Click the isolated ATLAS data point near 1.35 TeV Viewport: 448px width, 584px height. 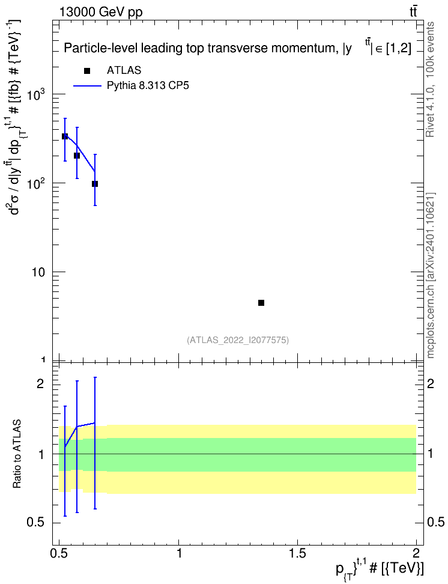coord(261,303)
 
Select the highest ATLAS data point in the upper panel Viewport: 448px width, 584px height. coord(65,137)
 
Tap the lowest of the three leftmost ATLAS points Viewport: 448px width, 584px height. coord(95,184)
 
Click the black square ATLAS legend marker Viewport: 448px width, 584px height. coord(87,71)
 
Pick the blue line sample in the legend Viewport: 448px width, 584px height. coord(87,86)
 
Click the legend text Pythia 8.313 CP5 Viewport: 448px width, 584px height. coord(148,86)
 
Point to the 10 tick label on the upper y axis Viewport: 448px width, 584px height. coord(38,272)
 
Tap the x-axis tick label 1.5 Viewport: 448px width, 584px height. coord(297,553)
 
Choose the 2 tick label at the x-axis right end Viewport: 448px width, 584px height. coord(416,553)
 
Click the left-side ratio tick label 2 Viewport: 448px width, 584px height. coord(41,383)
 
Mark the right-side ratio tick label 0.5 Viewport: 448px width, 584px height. coord(435,522)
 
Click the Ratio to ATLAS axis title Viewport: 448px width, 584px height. coord(17,454)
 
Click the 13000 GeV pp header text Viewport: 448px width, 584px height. coord(101,13)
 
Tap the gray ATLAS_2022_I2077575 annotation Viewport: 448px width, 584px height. coord(238,340)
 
